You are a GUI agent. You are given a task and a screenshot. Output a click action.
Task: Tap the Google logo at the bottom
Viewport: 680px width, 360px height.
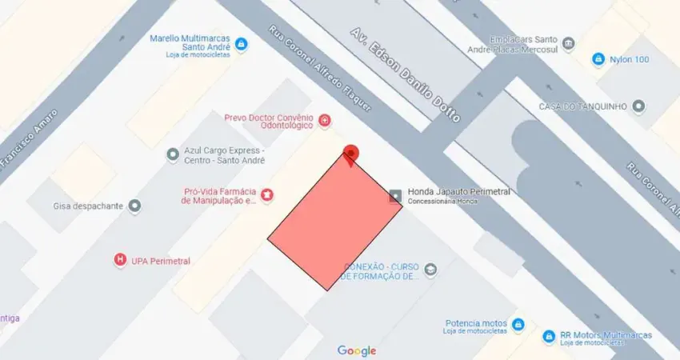(357, 350)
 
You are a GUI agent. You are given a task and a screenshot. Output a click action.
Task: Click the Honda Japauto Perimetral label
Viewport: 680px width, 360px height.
(458, 192)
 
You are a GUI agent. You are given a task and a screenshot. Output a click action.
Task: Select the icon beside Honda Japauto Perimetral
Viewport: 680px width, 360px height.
(395, 195)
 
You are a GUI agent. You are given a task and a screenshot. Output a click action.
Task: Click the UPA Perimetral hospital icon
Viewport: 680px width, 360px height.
(120, 260)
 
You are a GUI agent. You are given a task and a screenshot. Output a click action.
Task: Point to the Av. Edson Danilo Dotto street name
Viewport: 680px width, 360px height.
(406, 74)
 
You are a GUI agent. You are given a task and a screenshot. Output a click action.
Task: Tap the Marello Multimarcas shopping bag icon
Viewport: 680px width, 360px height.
(241, 43)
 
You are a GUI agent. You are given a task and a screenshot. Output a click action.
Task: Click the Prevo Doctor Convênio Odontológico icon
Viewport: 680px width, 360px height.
(325, 121)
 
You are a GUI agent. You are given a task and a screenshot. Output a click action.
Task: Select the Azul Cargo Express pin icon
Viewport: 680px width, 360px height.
(172, 154)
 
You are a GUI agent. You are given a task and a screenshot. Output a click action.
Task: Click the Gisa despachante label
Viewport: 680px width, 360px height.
(88, 206)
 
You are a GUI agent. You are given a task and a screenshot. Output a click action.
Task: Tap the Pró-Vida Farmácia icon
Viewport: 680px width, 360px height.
(267, 194)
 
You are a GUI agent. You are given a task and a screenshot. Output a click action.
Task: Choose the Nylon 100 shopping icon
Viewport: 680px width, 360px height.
(598, 59)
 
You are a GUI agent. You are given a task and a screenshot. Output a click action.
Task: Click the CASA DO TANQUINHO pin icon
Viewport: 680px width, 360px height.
(638, 106)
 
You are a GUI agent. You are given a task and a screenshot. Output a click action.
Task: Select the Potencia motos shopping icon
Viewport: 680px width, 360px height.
(518, 324)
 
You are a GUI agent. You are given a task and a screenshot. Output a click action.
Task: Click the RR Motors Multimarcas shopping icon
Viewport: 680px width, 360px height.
(548, 337)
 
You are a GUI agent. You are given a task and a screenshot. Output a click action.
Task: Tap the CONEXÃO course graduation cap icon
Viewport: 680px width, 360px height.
(431, 269)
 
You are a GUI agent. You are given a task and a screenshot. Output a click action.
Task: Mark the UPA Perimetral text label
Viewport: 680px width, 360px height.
(161, 261)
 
